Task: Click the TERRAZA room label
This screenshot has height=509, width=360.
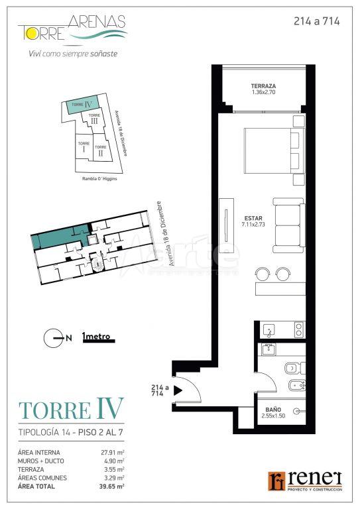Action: click(x=263, y=86)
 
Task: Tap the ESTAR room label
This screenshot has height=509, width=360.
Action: click(x=253, y=218)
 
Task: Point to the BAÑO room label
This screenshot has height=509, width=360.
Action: click(x=273, y=410)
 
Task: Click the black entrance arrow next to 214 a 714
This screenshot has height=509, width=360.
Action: click(x=178, y=390)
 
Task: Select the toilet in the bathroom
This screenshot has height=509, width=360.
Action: click(x=295, y=368)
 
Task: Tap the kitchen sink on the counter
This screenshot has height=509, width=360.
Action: click(x=269, y=330)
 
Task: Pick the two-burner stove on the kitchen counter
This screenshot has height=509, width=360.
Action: click(x=299, y=329)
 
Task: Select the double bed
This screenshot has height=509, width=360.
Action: click(x=274, y=150)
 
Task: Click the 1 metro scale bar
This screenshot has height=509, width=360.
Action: click(x=99, y=340)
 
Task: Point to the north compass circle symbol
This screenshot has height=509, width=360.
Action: click(x=53, y=338)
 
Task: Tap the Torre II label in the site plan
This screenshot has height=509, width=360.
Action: click(x=101, y=150)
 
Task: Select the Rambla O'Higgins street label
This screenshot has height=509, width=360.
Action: click(x=99, y=178)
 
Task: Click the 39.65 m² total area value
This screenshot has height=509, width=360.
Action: click(x=112, y=486)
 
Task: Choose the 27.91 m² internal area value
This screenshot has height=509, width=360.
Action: click(x=113, y=452)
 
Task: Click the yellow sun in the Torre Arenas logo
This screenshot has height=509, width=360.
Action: click(x=31, y=33)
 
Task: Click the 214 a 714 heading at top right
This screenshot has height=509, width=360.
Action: click(x=316, y=21)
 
